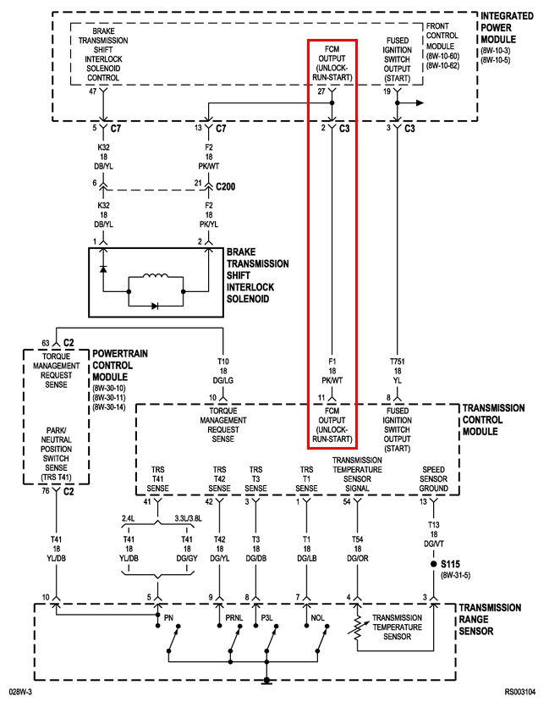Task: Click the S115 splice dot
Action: pyautogui.click(x=433, y=564)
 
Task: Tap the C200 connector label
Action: pyautogui.click(x=225, y=186)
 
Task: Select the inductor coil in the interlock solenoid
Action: pyautogui.click(x=156, y=276)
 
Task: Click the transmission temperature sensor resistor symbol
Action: pyautogui.click(x=357, y=627)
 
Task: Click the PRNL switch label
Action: pyautogui.click(x=234, y=618)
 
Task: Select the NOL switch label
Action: pyautogui.click(x=317, y=618)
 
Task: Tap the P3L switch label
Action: pyautogui.click(x=267, y=618)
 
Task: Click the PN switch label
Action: pyautogui.click(x=168, y=618)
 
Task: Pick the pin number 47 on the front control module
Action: pyautogui.click(x=93, y=91)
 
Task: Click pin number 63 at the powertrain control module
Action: pyautogui.click(x=46, y=343)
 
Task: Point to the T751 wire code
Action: pyautogui.click(x=398, y=362)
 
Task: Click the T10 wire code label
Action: pyautogui.click(x=223, y=362)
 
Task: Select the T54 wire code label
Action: pyautogui.click(x=357, y=539)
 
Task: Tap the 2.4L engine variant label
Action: pyautogui.click(x=128, y=518)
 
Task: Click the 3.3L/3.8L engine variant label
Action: pyautogui.click(x=189, y=518)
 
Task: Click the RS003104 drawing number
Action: pyautogui.click(x=520, y=692)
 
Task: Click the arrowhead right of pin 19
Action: pyautogui.click(x=420, y=102)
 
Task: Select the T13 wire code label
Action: pyautogui.click(x=433, y=525)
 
